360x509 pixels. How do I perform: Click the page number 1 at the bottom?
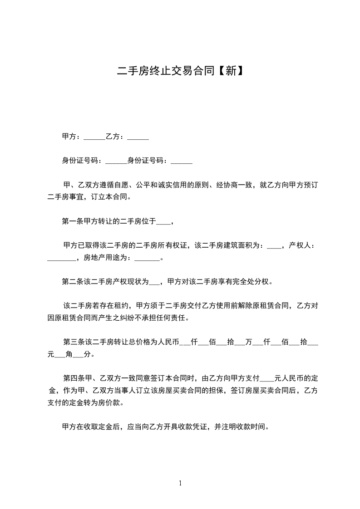180,483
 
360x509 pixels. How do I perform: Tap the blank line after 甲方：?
94,137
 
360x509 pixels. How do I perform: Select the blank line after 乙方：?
138,137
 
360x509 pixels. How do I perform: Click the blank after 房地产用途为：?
148,259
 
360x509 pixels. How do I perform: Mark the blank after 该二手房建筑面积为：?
274,246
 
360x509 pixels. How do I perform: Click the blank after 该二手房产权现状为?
154,281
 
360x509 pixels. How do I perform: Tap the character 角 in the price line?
69,354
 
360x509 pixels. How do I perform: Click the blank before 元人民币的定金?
268,377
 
